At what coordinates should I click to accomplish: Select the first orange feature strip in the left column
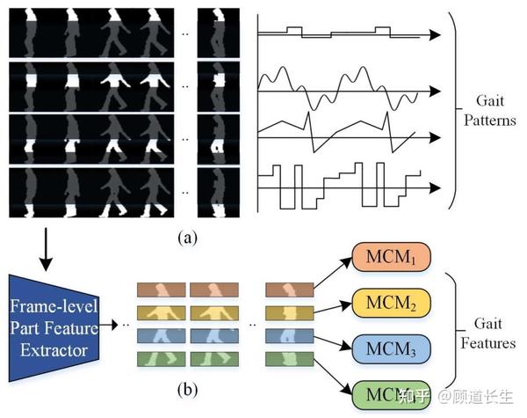click(x=162, y=289)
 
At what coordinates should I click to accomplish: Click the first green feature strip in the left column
click(x=162, y=359)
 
